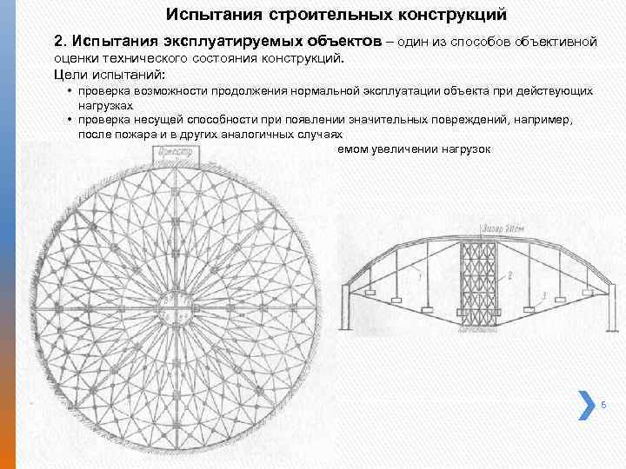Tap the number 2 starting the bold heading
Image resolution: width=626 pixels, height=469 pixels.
click(58, 42)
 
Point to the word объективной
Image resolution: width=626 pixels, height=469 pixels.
click(555, 42)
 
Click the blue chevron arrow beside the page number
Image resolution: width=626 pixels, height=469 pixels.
click(583, 404)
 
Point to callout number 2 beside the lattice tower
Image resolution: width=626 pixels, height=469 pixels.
click(510, 274)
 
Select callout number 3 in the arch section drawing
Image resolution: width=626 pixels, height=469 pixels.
click(543, 295)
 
